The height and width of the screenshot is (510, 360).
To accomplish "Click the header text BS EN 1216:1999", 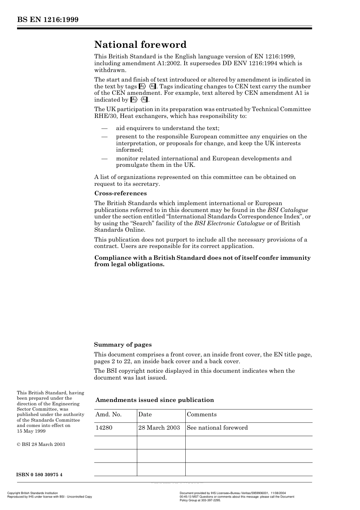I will pos(47,20).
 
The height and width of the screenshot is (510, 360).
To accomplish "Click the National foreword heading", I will pos(140,45).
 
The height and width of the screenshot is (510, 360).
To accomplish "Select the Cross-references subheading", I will pos(120,193).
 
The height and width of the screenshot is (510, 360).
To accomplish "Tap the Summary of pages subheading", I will pos(122,345).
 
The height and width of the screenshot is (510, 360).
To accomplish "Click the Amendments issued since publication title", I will pos(154,400).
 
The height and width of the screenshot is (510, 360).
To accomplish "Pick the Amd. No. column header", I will pos(108,414).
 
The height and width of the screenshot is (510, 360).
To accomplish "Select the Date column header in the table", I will pos(145,414).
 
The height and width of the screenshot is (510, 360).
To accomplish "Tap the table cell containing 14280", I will pos(104,428).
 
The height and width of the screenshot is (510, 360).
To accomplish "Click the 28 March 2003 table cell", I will pos(159,428).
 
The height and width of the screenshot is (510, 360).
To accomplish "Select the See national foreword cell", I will pos(217,428).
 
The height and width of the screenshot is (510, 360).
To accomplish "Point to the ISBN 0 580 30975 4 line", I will pos(39,475).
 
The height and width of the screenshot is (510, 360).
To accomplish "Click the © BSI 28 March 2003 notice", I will pos(41,444).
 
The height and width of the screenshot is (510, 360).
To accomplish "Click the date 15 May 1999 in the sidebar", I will pos(31,431).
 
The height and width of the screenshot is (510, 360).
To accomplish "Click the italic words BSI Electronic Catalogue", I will pos(230,223).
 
